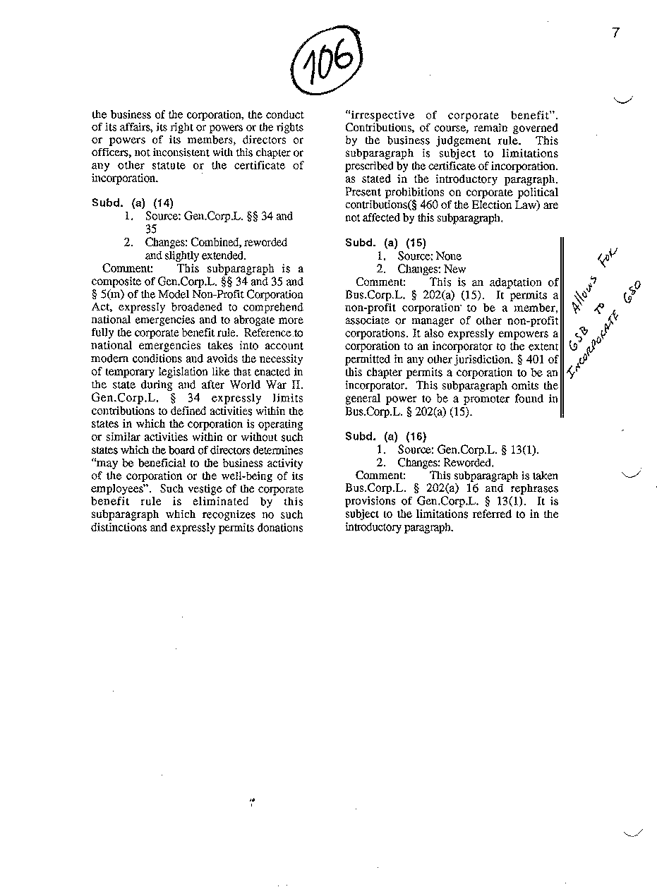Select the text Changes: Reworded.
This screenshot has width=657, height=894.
pyautogui.click(x=445, y=463)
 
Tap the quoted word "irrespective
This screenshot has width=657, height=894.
pyautogui.click(x=379, y=115)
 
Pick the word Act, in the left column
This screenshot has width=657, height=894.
pyautogui.click(x=102, y=308)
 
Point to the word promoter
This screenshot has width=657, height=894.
pyautogui.click(x=488, y=399)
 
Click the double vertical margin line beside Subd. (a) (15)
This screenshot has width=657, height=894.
pyautogui.click(x=562, y=327)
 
